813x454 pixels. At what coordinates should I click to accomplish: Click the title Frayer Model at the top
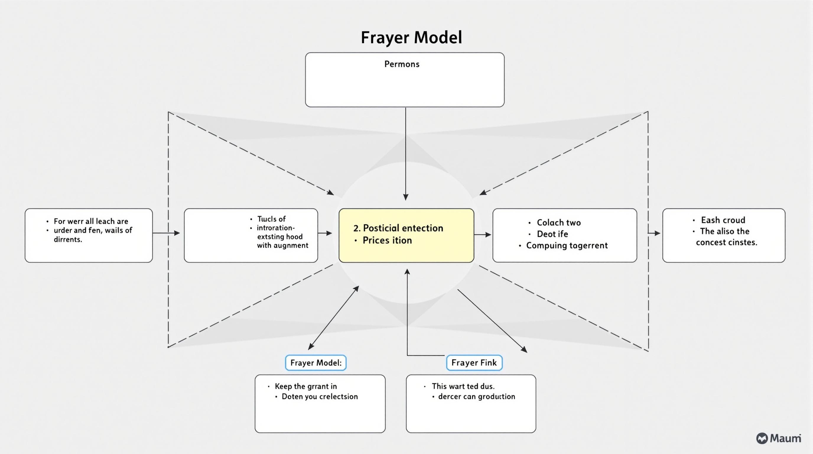click(411, 38)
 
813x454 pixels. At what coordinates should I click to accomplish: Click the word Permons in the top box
click(402, 64)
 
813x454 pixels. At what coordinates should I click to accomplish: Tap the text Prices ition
click(387, 241)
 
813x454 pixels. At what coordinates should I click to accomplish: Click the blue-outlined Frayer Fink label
click(474, 363)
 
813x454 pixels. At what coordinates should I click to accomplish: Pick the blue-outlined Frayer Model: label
click(316, 363)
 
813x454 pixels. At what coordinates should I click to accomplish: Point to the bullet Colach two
click(559, 223)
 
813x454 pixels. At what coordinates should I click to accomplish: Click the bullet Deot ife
click(552, 234)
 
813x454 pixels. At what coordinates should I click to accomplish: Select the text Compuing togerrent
click(567, 246)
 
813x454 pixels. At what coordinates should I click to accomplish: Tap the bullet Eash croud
click(723, 220)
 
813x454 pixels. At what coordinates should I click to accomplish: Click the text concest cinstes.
click(726, 242)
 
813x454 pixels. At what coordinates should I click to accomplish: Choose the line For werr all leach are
click(91, 221)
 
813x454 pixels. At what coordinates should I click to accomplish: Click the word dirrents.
click(68, 240)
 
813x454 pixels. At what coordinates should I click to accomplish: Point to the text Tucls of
click(271, 219)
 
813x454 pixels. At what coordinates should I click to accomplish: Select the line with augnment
click(282, 245)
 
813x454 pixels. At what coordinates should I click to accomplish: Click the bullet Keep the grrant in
click(305, 386)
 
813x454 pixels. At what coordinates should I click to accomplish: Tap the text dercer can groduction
click(477, 397)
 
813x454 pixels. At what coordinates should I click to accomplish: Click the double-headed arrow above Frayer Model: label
click(334, 318)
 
